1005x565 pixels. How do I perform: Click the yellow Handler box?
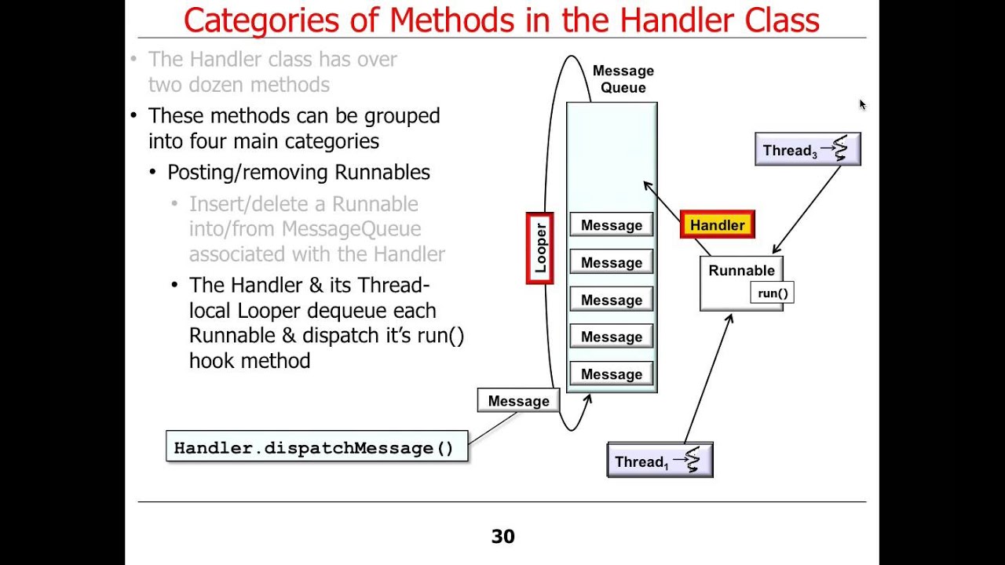(x=717, y=225)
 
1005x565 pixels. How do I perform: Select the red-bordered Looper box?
(x=540, y=248)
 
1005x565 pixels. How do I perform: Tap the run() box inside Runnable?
(x=773, y=293)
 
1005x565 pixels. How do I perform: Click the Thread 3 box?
(x=807, y=150)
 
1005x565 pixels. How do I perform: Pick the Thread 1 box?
(x=660, y=461)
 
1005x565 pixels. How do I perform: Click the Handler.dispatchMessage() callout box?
(x=316, y=447)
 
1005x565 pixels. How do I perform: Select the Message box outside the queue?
(x=518, y=401)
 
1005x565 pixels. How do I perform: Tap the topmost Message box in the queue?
(x=612, y=225)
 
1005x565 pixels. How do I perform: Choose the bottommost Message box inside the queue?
(x=612, y=374)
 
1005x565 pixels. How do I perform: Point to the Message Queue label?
(x=623, y=79)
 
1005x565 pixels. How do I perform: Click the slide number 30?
(x=502, y=537)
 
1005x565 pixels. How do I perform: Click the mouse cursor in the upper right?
(x=861, y=104)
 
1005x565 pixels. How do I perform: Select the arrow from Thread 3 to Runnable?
(x=807, y=209)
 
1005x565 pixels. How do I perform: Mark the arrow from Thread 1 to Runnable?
(x=709, y=377)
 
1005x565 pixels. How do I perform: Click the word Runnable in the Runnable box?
(x=741, y=271)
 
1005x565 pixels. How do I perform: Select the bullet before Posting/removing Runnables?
(x=152, y=173)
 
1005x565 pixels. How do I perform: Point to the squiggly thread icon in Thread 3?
(x=841, y=148)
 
